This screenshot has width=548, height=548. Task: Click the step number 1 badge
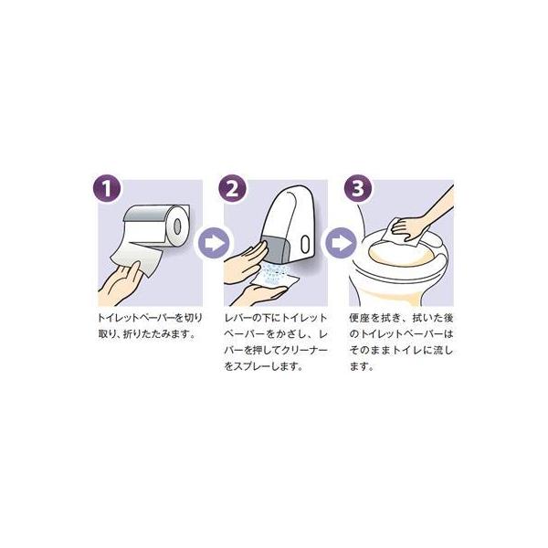[x=107, y=188]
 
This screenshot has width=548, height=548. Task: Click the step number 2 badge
[x=232, y=188]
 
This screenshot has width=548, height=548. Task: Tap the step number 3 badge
[x=358, y=188]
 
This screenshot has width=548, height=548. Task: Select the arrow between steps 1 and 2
[x=214, y=243]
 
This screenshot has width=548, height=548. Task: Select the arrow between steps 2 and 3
[x=341, y=243]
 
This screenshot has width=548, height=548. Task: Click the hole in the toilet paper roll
[x=177, y=227]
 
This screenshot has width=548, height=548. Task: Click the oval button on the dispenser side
[x=305, y=244]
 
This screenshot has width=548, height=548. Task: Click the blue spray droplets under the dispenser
[x=276, y=272]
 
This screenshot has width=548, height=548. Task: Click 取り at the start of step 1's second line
[x=105, y=334]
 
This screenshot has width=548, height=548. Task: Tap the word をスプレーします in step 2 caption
[x=263, y=366]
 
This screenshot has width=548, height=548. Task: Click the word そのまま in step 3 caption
[x=370, y=350]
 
